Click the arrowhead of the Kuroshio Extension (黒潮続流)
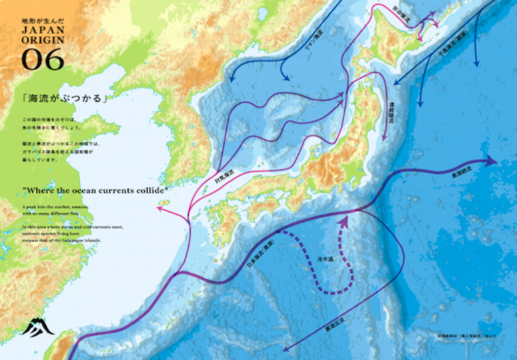pos(492,161)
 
